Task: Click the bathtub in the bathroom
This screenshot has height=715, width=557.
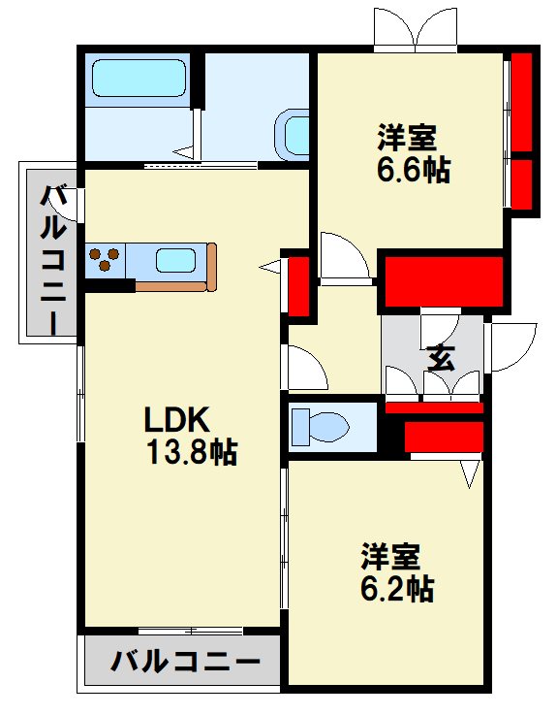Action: (x=139, y=78)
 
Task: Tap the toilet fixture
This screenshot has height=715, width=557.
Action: (x=320, y=427)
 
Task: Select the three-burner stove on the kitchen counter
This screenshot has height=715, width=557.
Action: (x=105, y=259)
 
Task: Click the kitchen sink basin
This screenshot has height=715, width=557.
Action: (x=175, y=261)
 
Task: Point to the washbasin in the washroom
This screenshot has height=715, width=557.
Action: (x=292, y=135)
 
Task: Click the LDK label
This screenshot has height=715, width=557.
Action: (x=176, y=419)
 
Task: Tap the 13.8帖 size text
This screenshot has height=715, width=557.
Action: (x=192, y=452)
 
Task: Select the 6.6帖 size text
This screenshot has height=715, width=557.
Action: (x=414, y=170)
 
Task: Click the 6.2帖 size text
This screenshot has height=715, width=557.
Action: (x=397, y=589)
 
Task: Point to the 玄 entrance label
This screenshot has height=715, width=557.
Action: (x=441, y=358)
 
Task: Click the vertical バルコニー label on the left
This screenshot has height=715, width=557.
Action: (x=53, y=259)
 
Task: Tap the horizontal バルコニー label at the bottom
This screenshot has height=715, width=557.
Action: (x=186, y=662)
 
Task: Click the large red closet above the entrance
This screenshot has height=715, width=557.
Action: (x=444, y=281)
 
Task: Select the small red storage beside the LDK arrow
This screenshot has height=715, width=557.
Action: (x=298, y=286)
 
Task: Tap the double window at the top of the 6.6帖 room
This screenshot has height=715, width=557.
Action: (x=416, y=28)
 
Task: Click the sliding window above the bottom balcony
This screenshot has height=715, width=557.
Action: (x=191, y=632)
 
